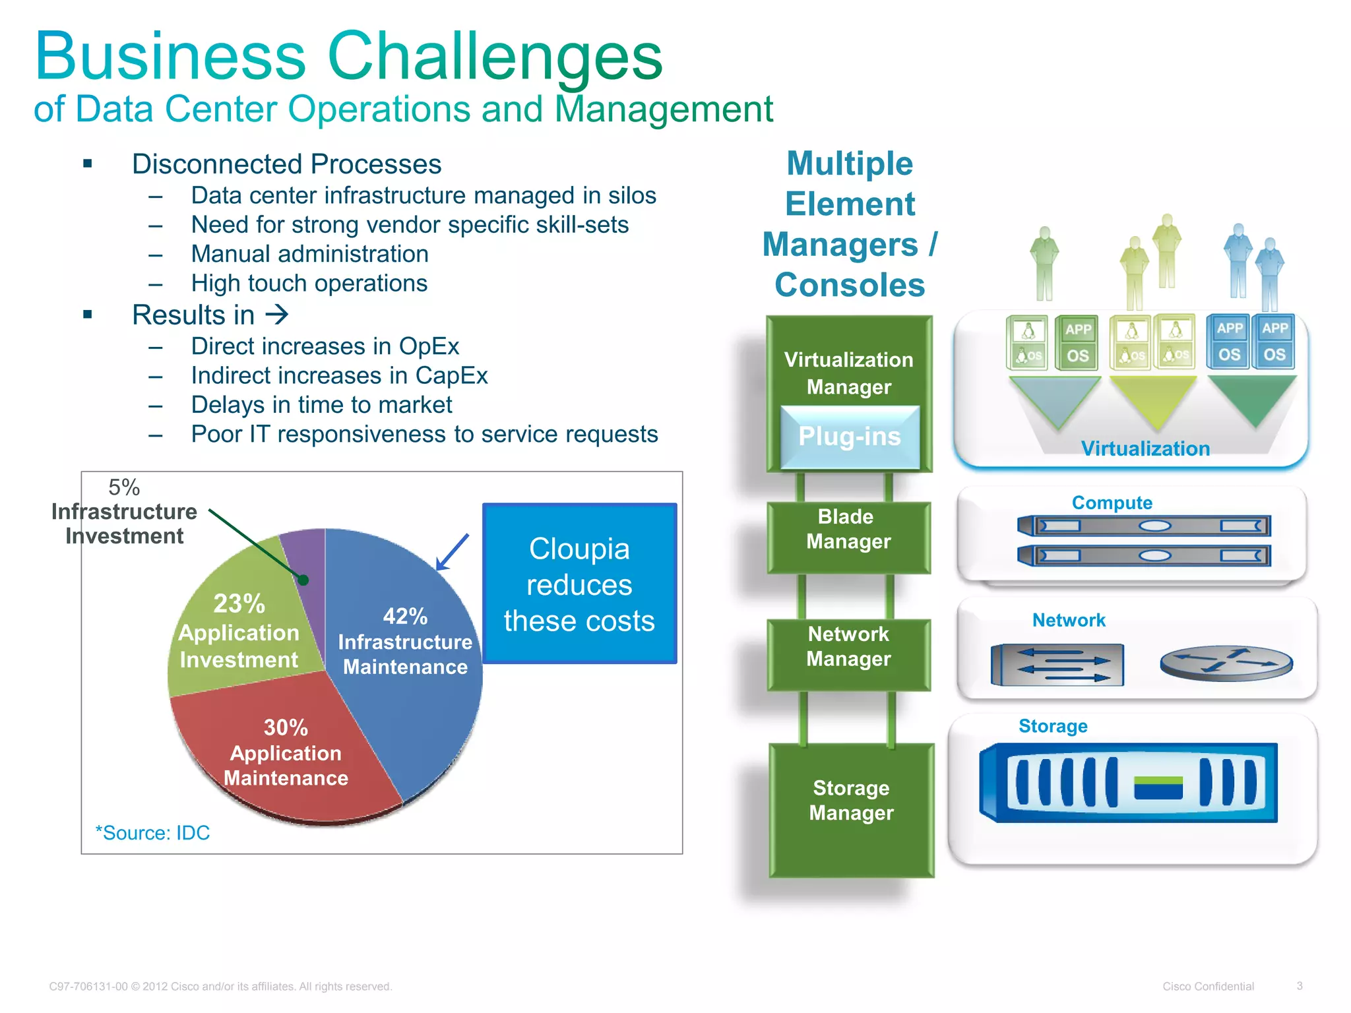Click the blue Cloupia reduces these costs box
point(579,584)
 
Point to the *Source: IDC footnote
point(152,833)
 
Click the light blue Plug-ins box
point(850,437)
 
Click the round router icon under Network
point(1226,663)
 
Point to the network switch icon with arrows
point(1057,664)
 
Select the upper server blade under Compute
point(1143,526)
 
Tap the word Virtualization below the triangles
point(1145,448)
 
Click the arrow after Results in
point(277,315)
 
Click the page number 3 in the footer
point(1299,986)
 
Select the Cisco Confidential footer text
point(1207,987)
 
